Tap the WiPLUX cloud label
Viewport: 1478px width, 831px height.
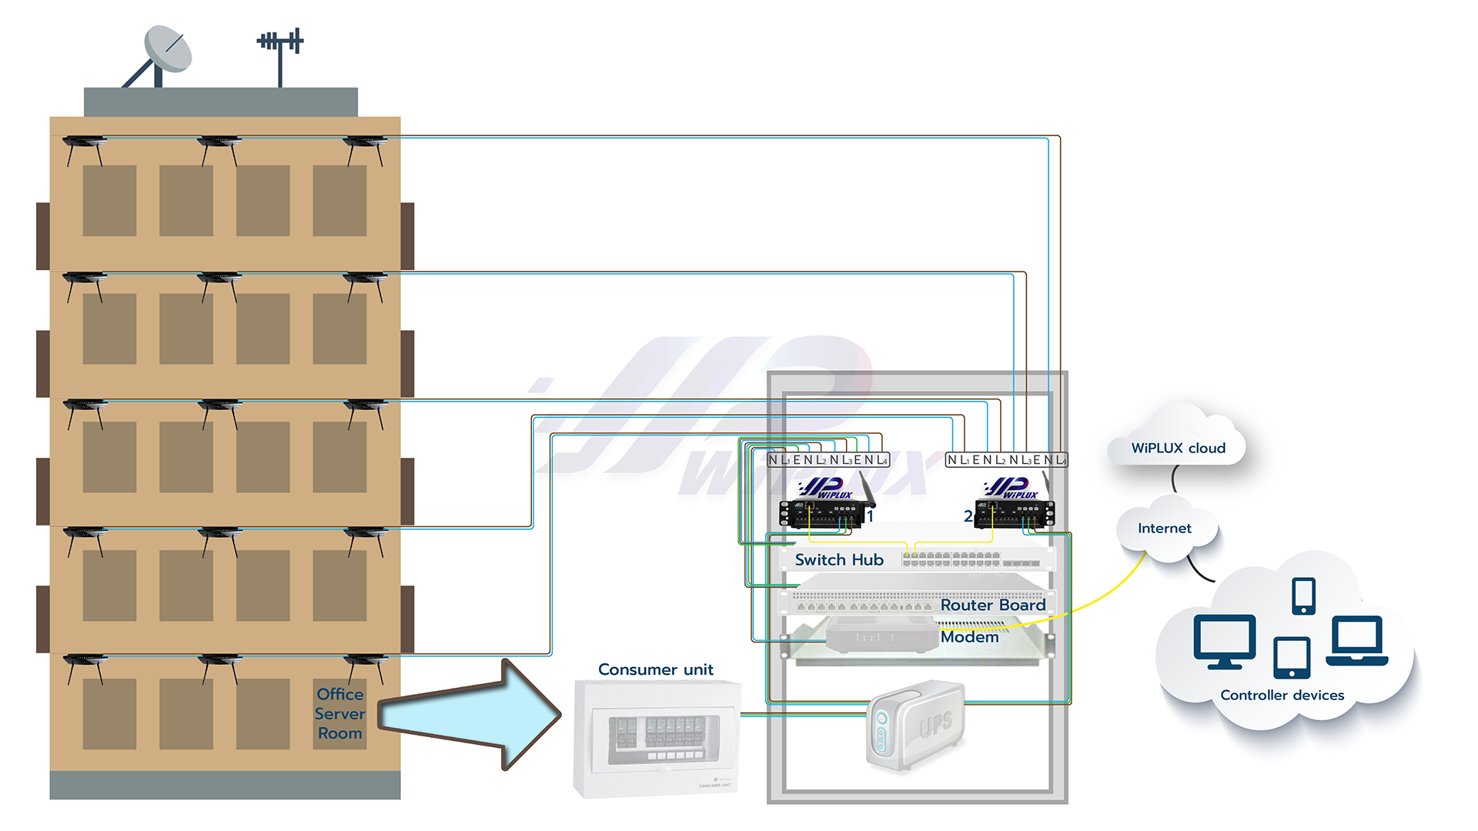tap(1178, 449)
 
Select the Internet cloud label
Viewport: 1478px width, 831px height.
tap(1164, 529)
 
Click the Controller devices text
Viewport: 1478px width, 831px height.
tap(1282, 696)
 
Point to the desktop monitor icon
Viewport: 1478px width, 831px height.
tap(1224, 640)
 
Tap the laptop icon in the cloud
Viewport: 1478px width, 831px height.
tap(1357, 640)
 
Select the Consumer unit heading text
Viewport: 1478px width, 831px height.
tap(655, 669)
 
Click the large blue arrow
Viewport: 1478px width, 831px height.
tap(470, 714)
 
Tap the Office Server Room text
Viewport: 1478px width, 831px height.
tap(339, 713)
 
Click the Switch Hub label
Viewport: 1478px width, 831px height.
tap(838, 560)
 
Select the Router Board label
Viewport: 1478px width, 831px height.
tap(992, 606)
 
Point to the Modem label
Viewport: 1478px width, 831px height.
tap(969, 637)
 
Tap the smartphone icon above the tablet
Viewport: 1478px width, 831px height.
tap(1303, 596)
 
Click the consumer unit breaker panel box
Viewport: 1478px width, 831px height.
tap(657, 739)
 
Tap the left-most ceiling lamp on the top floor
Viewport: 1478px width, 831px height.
tap(85, 144)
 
